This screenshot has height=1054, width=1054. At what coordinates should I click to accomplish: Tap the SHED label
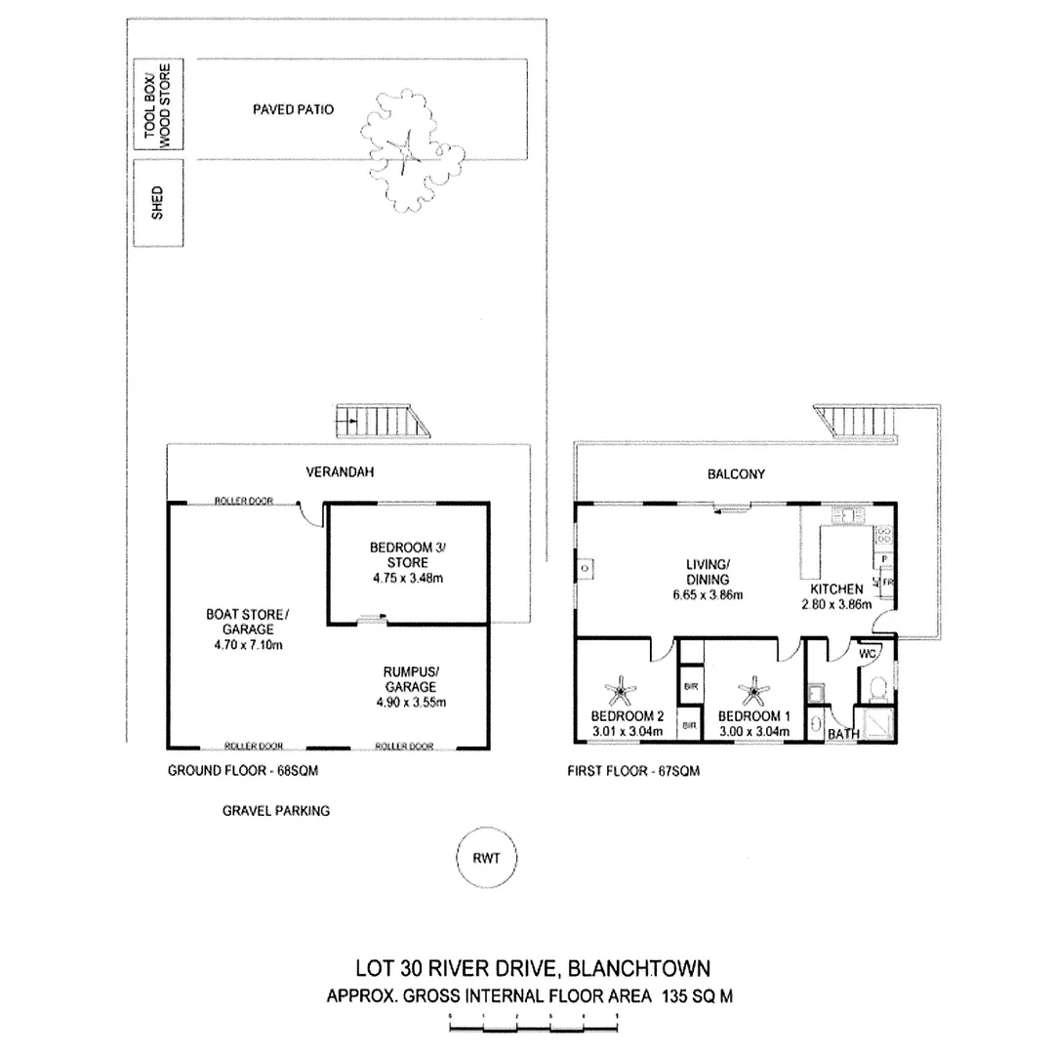point(158,203)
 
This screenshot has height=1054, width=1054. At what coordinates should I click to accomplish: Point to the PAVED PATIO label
point(293,110)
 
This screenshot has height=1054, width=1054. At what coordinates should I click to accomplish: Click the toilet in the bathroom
point(876,687)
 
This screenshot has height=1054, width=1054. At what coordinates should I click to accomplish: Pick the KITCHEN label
point(836,589)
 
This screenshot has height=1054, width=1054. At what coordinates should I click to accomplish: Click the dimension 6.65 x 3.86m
point(708,595)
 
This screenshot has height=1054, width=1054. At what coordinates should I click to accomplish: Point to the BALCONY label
point(737,475)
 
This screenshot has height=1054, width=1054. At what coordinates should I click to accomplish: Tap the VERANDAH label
point(341,472)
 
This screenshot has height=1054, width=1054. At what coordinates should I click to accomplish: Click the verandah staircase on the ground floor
point(382,424)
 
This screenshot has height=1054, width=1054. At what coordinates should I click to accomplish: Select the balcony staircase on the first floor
point(858,423)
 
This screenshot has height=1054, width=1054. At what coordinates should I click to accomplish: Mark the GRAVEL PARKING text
point(276,810)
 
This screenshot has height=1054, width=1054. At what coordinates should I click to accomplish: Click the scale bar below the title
point(533,1024)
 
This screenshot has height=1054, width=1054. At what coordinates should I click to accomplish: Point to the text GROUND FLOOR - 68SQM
point(244,770)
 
